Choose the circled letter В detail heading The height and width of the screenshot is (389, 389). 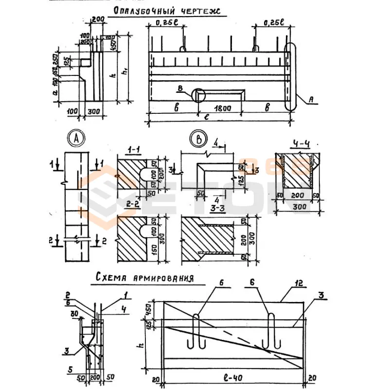[198, 139]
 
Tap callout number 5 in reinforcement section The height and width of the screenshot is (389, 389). [71, 368]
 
